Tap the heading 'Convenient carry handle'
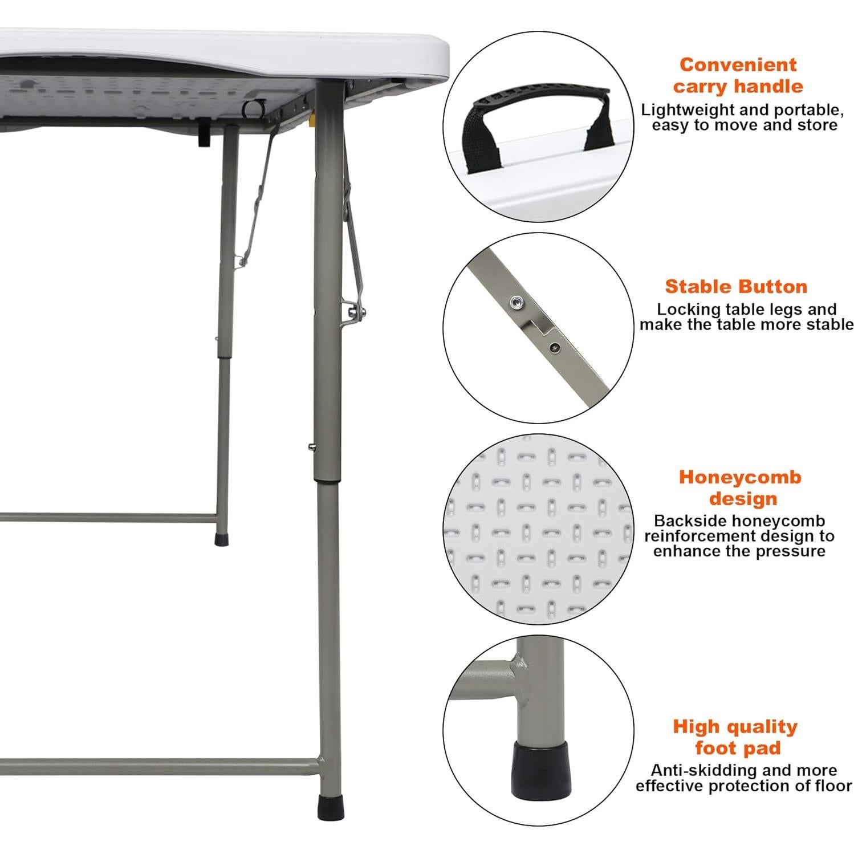(737, 75)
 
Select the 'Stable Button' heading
(736, 286)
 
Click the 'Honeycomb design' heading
(739, 487)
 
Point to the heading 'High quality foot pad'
(735, 737)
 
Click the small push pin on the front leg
(311, 448)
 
